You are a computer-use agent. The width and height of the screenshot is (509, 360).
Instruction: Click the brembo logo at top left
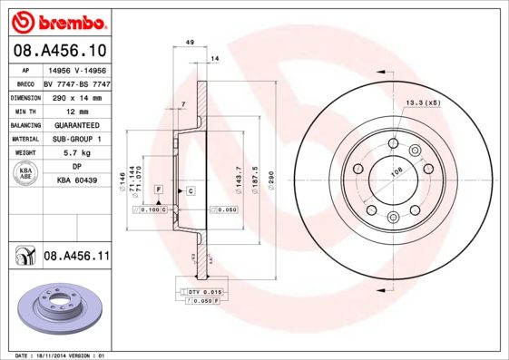(57, 19)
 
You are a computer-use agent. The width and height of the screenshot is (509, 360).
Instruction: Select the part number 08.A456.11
(76, 258)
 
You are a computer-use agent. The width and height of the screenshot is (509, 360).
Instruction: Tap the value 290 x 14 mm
(72, 96)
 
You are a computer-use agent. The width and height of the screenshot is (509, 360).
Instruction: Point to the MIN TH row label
(26, 110)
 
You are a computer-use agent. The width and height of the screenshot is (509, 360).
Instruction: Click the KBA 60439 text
(76, 181)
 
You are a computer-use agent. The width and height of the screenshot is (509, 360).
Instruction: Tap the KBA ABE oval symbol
(26, 174)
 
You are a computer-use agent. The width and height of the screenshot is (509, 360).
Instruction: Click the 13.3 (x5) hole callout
(423, 102)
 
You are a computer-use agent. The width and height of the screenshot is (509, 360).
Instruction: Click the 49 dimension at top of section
(190, 43)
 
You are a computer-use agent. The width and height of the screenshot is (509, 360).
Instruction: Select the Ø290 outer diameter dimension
(270, 172)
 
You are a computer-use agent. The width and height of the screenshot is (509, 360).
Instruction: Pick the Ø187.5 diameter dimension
(255, 172)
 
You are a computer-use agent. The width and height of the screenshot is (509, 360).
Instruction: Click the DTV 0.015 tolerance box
(204, 291)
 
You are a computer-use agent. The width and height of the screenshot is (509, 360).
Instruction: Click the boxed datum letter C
(191, 190)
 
